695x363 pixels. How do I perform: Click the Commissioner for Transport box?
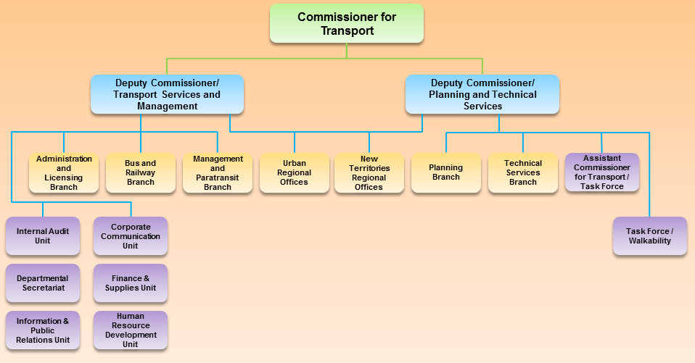tap(346, 23)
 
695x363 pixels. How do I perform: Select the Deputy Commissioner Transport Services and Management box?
tap(167, 94)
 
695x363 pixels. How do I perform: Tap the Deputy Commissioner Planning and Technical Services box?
tap(482, 94)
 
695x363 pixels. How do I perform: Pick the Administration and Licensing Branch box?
tap(64, 172)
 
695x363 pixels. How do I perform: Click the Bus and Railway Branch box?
tap(141, 172)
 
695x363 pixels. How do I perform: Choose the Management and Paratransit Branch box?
tap(218, 172)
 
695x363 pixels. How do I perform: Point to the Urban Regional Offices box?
tap(294, 172)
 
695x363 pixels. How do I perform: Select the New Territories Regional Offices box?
tap(369, 172)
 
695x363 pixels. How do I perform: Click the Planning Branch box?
tap(445, 172)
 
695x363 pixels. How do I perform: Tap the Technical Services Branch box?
tap(523, 172)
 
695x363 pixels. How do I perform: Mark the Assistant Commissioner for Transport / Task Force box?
tap(601, 172)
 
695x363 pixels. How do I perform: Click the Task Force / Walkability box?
tap(649, 235)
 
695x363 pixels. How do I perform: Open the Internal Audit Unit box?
tap(43, 235)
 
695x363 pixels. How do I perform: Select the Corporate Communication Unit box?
tap(131, 235)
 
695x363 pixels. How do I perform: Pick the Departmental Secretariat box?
tap(43, 283)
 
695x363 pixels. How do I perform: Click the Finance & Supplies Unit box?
tap(131, 283)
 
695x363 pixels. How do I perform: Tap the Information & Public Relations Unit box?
tap(43, 330)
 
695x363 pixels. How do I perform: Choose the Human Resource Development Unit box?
tap(131, 330)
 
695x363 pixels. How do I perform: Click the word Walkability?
tap(649, 241)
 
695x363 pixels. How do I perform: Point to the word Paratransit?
tap(218, 178)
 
